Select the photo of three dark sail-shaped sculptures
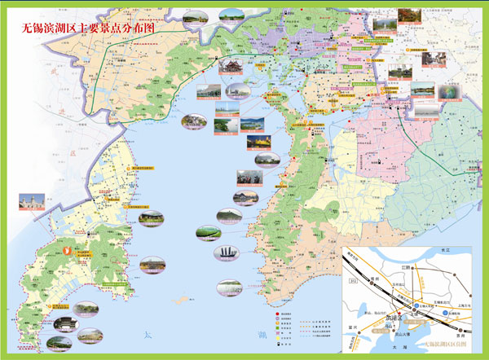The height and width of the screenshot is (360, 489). coord(227,254)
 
